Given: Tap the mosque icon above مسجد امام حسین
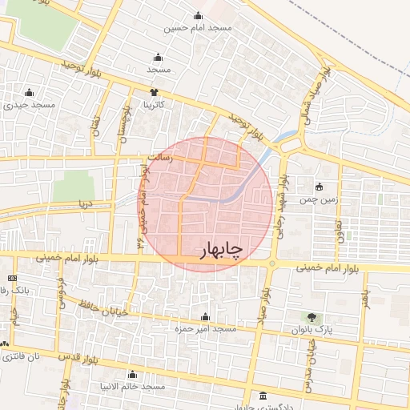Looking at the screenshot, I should pos(198,16).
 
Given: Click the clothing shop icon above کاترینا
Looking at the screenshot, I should pos(155,92).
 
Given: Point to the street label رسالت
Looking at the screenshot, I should pos(151,159).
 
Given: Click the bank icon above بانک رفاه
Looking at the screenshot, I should pos(11,278).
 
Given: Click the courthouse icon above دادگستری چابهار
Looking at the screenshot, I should pos(264,396).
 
